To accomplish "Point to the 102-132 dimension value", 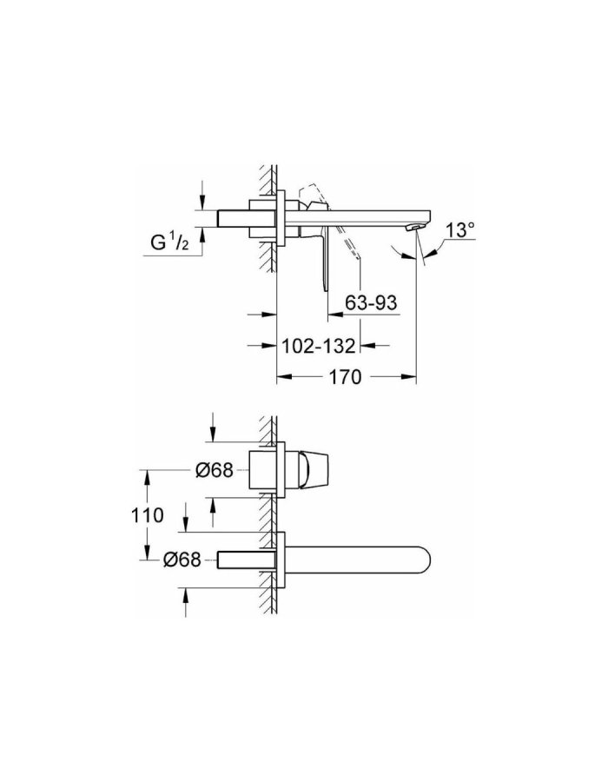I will pos(320,346).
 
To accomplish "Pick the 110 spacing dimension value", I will pos(149,515).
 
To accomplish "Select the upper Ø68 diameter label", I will pos(215,470).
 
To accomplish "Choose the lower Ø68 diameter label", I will pos(183,560).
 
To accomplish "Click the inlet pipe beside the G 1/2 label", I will pos(231,217).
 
